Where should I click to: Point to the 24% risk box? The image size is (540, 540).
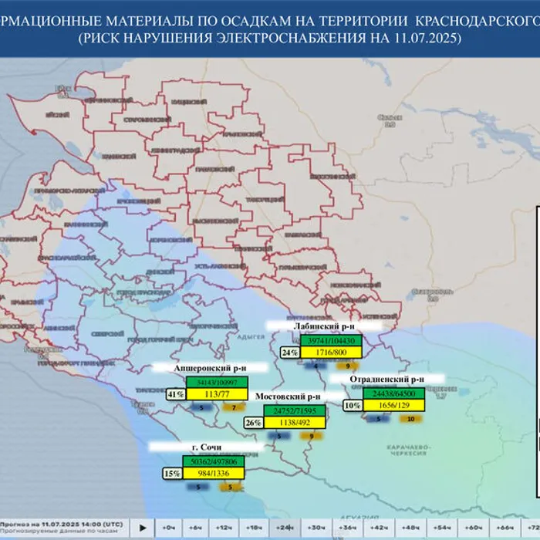[x=289, y=353]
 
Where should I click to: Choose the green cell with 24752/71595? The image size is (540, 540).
[x=296, y=410]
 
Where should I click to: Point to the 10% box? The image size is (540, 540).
[x=353, y=405]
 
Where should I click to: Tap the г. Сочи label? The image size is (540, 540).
[x=206, y=447]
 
